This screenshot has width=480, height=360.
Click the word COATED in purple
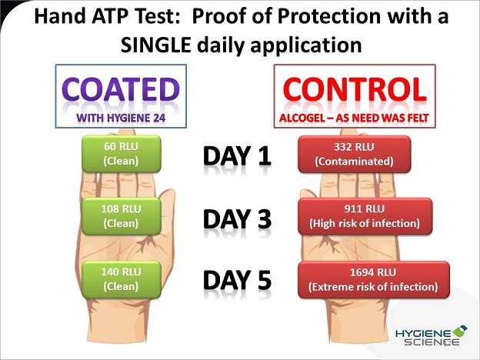pyautogui.click(x=121, y=89)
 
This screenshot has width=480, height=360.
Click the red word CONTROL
pyautogui.click(x=355, y=89)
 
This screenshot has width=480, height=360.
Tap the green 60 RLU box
pyautogui.click(x=122, y=154)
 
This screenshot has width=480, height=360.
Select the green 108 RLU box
pyautogui.click(x=122, y=216)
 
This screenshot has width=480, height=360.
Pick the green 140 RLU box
pyautogui.click(x=122, y=279)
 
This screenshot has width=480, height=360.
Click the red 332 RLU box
pyautogui.click(x=354, y=154)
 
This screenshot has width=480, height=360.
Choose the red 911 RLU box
pyautogui.click(x=365, y=216)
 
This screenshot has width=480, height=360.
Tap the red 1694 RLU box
pyautogui.click(x=374, y=279)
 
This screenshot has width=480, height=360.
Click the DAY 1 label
pyautogui.click(x=237, y=156)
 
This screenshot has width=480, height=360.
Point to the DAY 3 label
pyautogui.click(x=237, y=219)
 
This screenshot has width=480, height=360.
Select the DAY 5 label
pyautogui.click(x=237, y=280)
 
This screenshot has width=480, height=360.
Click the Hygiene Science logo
pyautogui.click(x=431, y=336)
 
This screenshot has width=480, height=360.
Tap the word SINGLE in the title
pyautogui.click(x=156, y=45)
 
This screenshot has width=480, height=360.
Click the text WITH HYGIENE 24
pyautogui.click(x=121, y=118)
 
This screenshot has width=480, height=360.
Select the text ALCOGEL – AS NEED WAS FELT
pyautogui.click(x=354, y=118)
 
